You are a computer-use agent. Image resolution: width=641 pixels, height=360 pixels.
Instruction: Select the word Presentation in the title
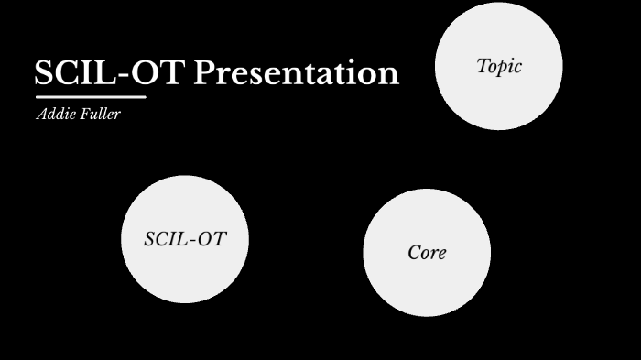tap(296, 73)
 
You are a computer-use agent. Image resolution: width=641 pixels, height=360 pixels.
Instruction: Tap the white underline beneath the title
tap(91, 96)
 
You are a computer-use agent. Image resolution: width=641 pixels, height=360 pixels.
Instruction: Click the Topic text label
tap(499, 66)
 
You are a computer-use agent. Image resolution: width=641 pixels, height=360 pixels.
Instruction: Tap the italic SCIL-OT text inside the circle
tap(185, 239)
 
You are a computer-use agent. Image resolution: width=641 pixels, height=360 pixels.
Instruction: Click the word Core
tap(427, 253)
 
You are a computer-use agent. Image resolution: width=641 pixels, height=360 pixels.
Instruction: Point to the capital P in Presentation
tap(203, 73)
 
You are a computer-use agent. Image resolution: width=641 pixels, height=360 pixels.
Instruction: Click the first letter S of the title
tap(44, 73)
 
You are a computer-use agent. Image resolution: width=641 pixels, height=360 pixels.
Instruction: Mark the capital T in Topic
tap(483, 65)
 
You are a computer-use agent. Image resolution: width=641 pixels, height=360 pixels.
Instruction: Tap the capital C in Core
tap(414, 253)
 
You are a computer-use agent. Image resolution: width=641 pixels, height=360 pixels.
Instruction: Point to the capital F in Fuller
tap(84, 115)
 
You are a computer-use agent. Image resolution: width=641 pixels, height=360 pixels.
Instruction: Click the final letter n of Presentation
tap(390, 76)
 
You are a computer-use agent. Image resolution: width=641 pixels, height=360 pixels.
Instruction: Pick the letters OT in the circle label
tap(212, 239)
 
